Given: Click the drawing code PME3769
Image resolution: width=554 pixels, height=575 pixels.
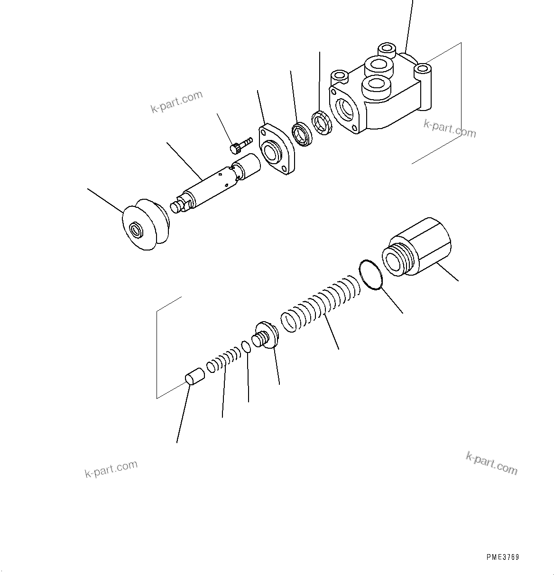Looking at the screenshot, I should click(x=502, y=557).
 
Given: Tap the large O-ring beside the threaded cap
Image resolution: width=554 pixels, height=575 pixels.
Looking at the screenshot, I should click(x=371, y=274).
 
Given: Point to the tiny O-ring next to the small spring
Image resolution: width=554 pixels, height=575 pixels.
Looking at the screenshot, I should click(x=246, y=347).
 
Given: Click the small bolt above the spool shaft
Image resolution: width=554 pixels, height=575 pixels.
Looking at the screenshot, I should click(x=240, y=145).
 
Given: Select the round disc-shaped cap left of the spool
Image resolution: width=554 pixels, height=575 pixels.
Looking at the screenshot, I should click(x=145, y=225).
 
